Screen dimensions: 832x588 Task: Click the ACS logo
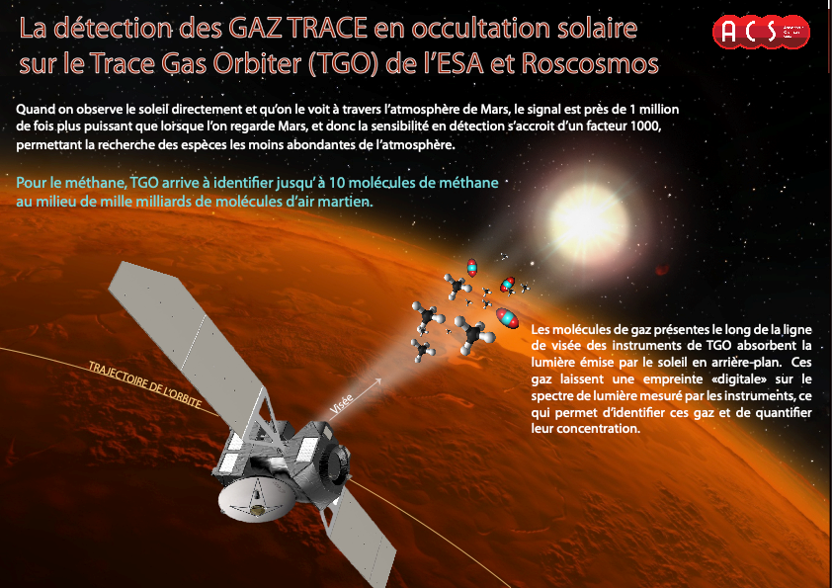point(762,32)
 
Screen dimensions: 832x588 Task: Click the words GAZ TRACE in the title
point(298,28)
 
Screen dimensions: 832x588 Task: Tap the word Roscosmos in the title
point(590,63)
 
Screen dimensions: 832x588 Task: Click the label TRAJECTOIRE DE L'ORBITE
point(145,385)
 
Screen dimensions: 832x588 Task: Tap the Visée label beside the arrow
point(341,404)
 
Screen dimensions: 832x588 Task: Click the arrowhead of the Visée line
point(377,381)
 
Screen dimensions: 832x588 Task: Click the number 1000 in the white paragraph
point(645,126)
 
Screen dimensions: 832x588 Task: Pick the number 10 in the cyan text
point(336,183)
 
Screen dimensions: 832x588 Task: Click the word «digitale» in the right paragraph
point(739,378)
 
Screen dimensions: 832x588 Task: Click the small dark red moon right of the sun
point(662,270)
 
